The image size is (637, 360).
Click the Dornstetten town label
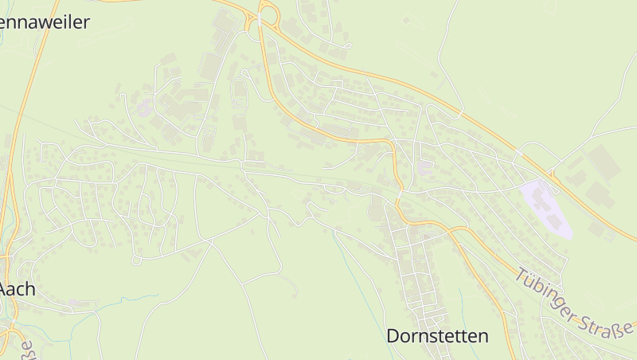(437, 336)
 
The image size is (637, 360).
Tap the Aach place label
(18, 289)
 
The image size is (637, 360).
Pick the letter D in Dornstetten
(393, 336)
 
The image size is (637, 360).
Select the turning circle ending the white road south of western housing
(136, 260)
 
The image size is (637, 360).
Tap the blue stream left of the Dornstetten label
(350, 271)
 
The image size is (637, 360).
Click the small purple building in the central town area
(425, 169)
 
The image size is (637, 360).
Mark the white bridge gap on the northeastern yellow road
(518, 151)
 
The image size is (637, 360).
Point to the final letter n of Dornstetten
(483, 336)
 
